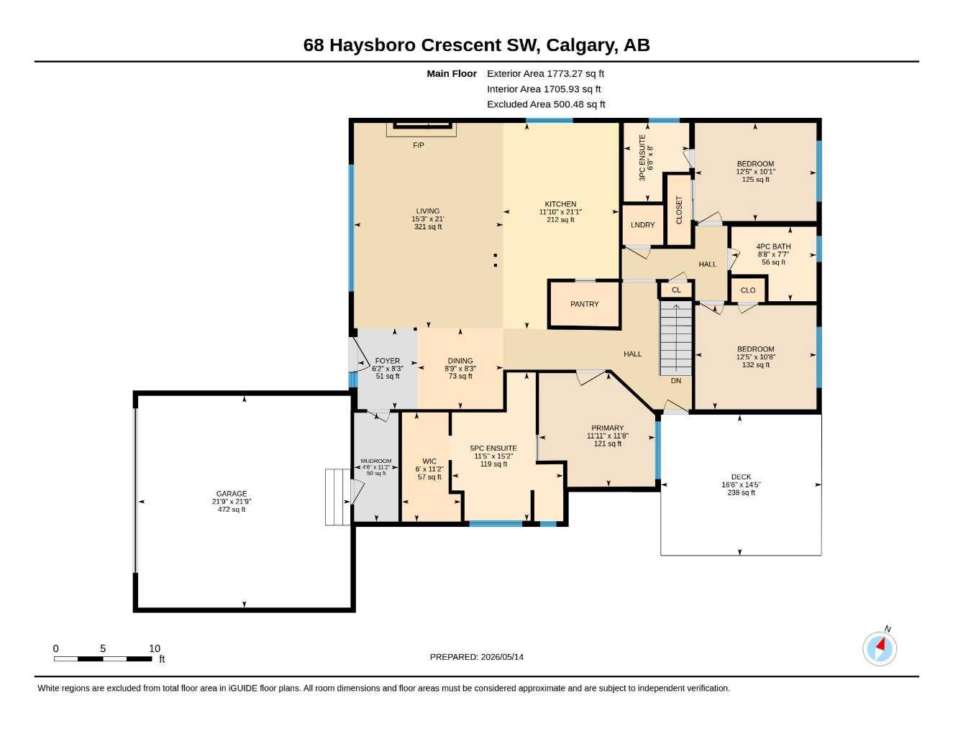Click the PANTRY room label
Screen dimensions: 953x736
(584, 304)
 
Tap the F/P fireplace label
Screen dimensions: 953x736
(419, 145)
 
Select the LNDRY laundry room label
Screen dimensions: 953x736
(642, 225)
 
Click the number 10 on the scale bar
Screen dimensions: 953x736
(155, 648)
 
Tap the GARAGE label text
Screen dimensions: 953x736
(232, 493)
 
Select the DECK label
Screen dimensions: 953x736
(741, 477)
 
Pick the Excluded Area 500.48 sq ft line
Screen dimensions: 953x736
(546, 104)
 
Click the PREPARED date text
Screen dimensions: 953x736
(477, 657)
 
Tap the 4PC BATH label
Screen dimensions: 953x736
(773, 247)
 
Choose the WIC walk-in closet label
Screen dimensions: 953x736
(429, 461)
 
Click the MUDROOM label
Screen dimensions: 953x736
(376, 461)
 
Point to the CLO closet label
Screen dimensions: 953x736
(748, 290)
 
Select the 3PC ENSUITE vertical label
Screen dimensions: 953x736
(642, 157)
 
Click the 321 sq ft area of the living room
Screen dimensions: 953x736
(428, 226)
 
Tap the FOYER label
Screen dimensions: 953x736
(387, 361)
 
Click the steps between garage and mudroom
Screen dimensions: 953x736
(338, 497)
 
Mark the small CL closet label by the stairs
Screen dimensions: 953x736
(676, 290)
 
